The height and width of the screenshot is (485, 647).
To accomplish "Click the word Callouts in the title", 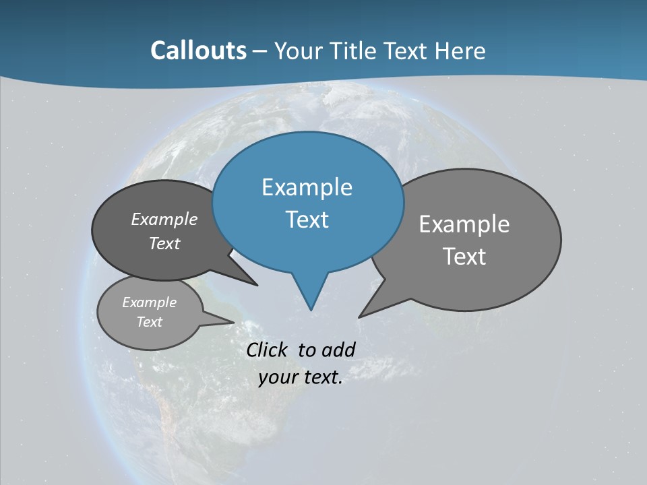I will coord(198,51).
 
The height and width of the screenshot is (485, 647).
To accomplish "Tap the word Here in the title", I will coord(460,51).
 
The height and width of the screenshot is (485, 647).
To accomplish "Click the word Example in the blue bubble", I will coord(307,187).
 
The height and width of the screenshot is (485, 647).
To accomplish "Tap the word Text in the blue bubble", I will coord(307,220).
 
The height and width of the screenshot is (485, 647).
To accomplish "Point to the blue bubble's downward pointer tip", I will coord(311,309).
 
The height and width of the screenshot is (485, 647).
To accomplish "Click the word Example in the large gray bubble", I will coord(464,224).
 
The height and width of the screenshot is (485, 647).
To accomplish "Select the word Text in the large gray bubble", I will coord(464,257).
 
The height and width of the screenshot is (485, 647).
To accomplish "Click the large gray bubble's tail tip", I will coord(361,315).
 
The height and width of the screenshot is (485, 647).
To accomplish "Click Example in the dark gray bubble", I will coord(164,219).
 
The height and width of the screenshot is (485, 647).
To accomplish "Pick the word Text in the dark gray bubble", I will coord(164,243).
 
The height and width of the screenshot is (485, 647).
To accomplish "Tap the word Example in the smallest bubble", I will coord(149,302).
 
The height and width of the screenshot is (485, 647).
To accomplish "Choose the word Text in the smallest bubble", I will coord(149,322).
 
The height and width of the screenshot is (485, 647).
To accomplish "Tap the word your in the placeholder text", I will coord(277,377).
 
